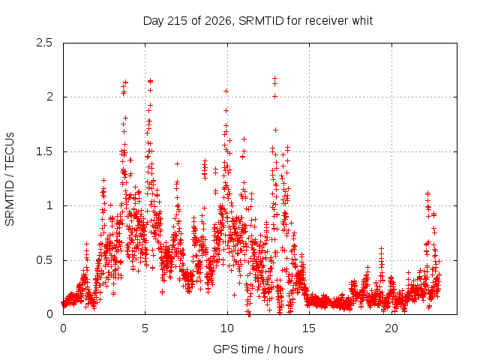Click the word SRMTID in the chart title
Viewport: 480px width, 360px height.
(261, 21)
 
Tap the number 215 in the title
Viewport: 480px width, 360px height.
(178, 21)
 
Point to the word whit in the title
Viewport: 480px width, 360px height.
(362, 21)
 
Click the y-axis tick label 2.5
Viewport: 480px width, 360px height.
(44, 43)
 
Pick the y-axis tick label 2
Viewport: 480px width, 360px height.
(49, 97)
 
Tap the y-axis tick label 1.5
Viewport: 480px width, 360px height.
(44, 151)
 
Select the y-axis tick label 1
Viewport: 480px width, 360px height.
(50, 205)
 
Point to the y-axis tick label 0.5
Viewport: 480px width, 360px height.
(44, 260)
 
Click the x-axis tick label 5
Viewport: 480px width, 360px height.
(145, 328)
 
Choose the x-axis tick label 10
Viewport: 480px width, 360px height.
(227, 328)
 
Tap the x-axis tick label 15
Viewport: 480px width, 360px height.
(309, 328)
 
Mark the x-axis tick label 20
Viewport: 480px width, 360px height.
(391, 328)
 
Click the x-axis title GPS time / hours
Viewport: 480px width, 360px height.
(258, 349)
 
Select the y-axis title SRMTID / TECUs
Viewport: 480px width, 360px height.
(10, 179)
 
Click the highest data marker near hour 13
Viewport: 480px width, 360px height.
(275, 78)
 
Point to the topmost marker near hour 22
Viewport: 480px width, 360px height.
(427, 193)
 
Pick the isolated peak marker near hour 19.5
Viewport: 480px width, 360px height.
(381, 248)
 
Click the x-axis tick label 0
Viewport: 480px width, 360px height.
(63, 328)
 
